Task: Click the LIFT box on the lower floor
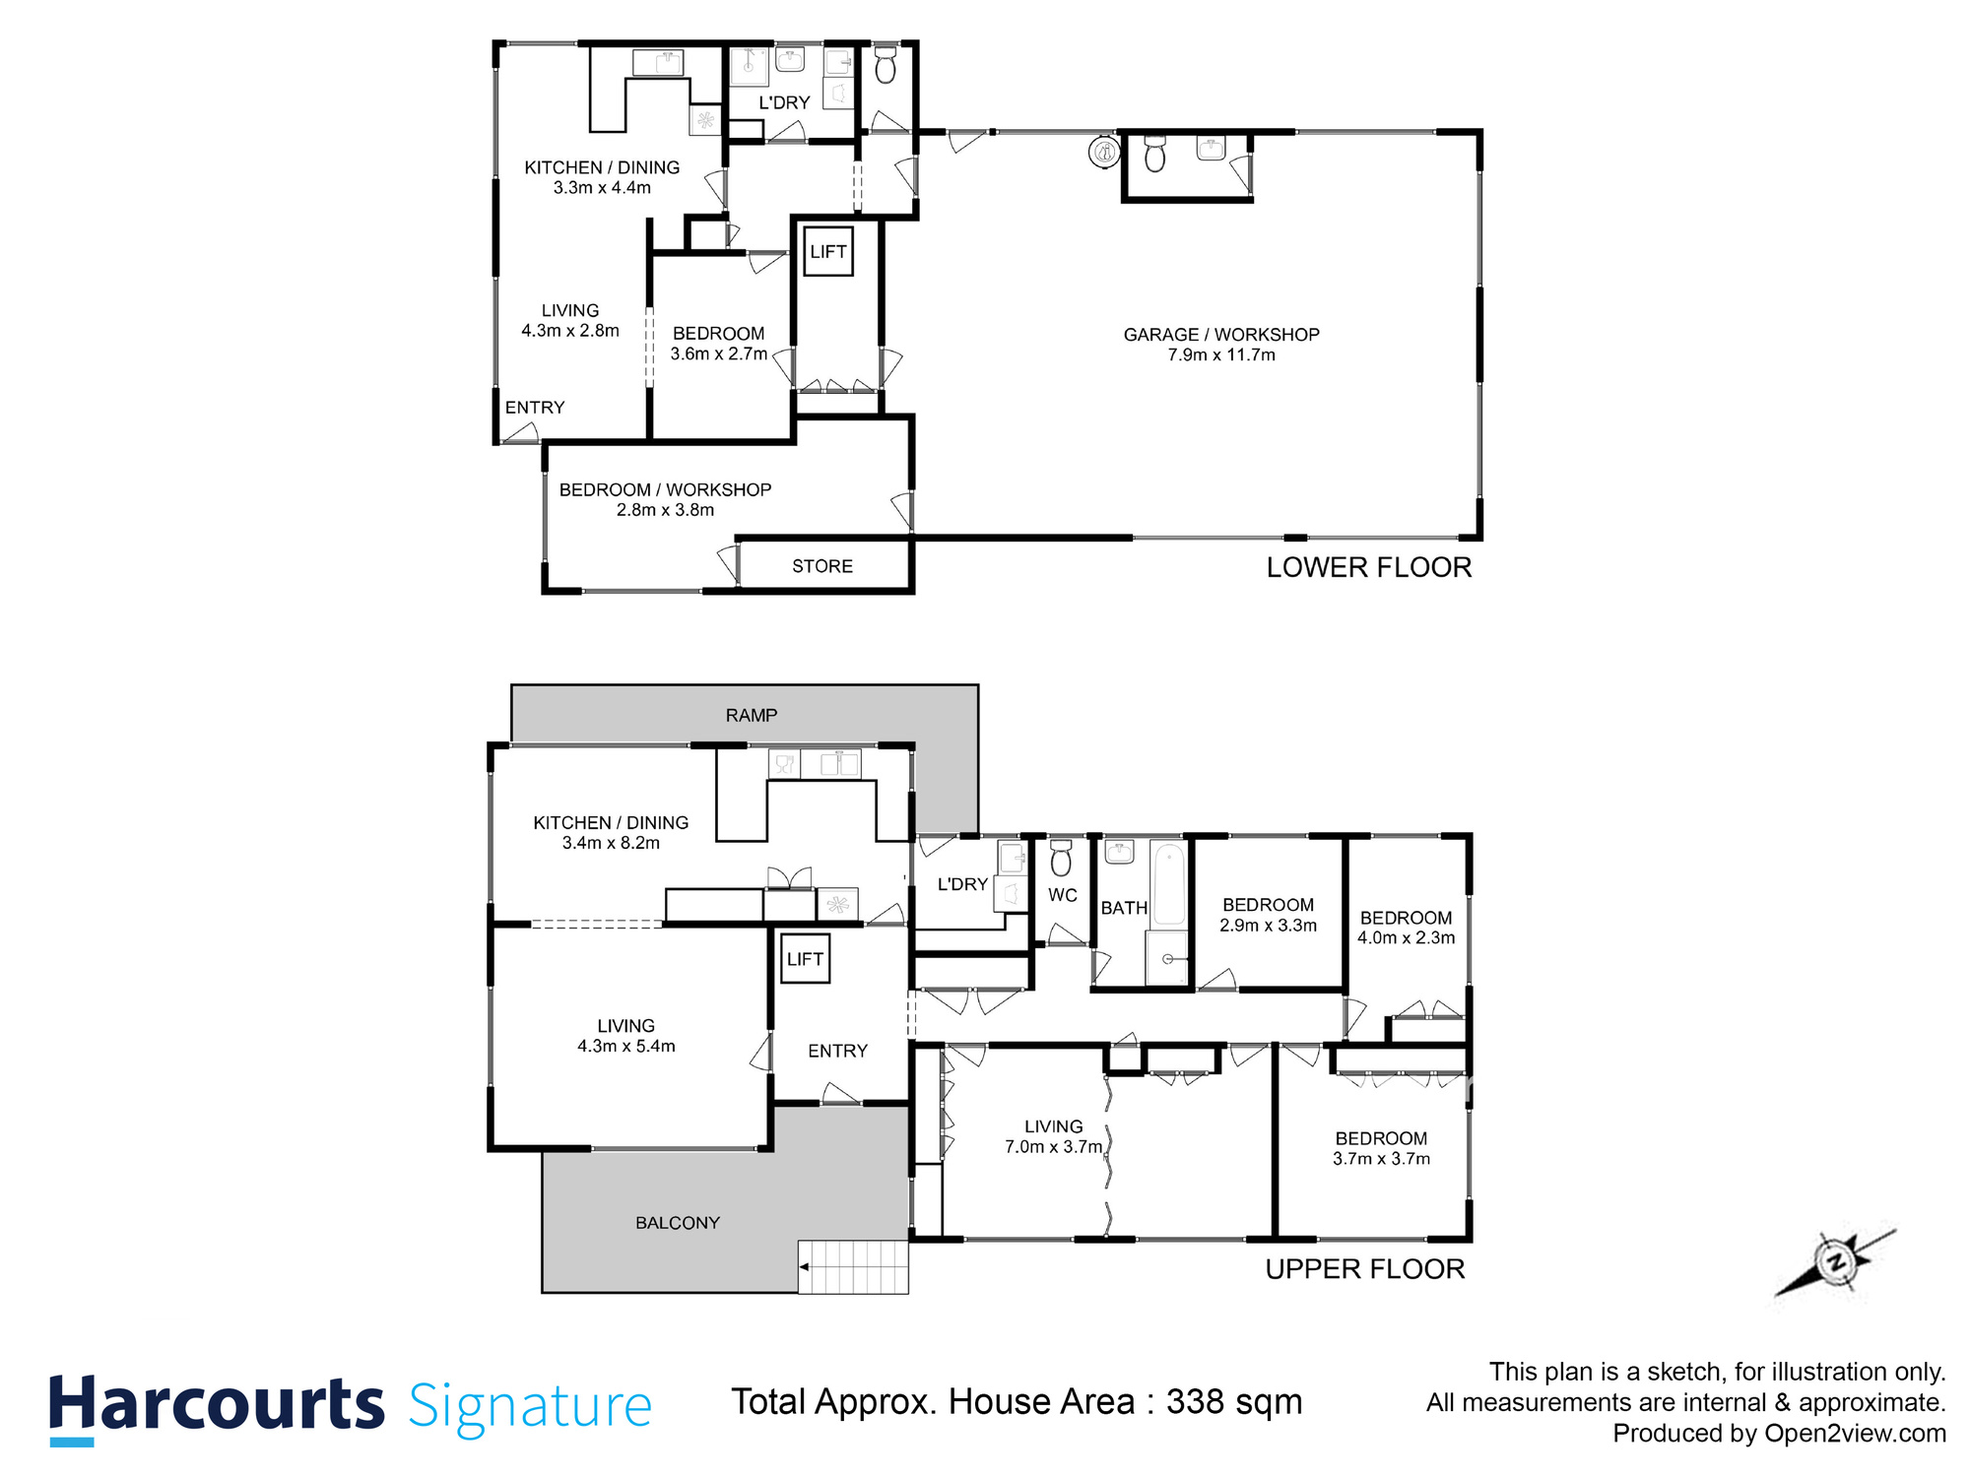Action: click(827, 252)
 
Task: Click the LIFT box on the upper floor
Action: click(805, 959)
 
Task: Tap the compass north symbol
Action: click(1835, 1261)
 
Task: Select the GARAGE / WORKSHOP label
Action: click(1221, 335)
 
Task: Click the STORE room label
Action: click(822, 566)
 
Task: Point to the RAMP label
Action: click(752, 715)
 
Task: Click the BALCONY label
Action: click(678, 1223)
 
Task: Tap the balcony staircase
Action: click(853, 1266)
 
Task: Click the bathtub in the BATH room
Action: click(1169, 883)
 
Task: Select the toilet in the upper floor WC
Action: click(1061, 859)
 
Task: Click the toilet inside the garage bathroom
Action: click(1154, 155)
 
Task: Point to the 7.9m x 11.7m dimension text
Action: click(1221, 355)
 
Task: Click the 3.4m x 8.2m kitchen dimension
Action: click(611, 843)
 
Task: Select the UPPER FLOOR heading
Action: click(1365, 1269)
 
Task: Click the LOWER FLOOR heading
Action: click(1369, 567)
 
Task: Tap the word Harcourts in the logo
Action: click(217, 1405)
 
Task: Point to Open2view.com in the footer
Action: click(1856, 1434)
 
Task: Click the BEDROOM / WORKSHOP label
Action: click(665, 489)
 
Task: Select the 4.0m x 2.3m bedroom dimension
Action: click(1406, 938)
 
